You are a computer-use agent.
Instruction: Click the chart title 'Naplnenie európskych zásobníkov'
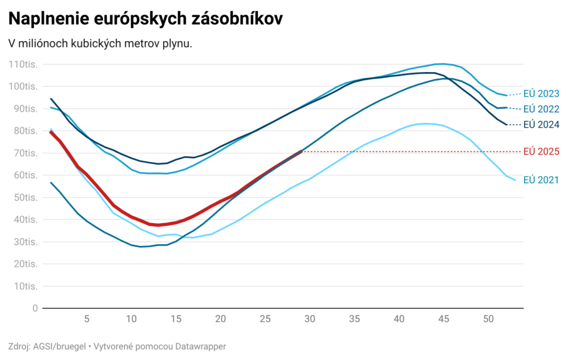[145, 18]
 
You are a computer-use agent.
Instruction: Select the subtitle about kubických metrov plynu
[100, 43]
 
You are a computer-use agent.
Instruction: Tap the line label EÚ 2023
[541, 93]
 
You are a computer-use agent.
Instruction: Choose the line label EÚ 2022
[541, 109]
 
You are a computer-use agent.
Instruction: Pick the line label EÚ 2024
[541, 124]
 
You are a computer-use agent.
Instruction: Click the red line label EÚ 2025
[541, 152]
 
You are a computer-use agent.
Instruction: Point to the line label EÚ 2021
[541, 180]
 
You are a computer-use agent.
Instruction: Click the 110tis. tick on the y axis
[23, 64]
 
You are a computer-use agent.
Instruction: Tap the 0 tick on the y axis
[35, 308]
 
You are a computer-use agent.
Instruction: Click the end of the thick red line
[301, 152]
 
